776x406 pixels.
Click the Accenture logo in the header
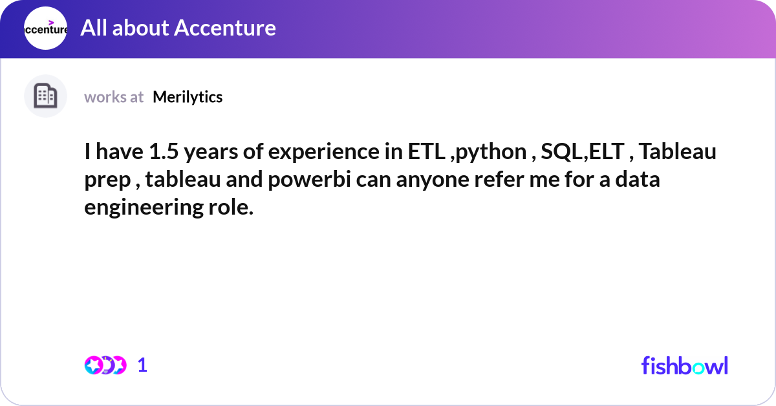point(45,29)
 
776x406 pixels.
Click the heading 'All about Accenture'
point(178,28)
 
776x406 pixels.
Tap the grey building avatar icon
point(45,96)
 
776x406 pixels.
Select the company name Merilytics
point(188,97)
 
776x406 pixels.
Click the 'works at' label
point(114,97)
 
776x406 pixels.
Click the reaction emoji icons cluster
point(105,365)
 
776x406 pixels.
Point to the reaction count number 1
point(143,365)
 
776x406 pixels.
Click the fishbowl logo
point(684,365)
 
